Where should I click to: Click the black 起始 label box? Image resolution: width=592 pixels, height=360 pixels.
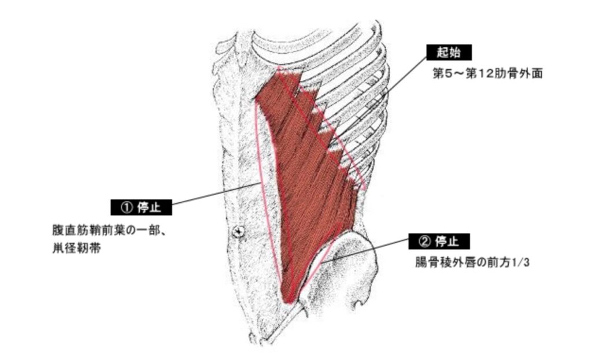(x=448, y=53)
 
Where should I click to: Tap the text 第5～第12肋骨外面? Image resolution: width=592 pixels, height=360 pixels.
(x=487, y=75)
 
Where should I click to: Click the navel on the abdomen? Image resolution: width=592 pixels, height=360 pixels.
(x=238, y=232)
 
